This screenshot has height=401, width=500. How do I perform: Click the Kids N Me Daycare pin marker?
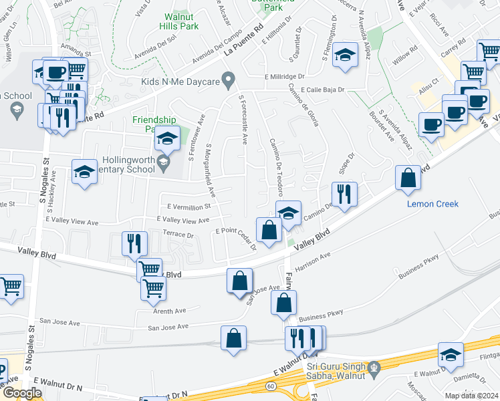click(x=228, y=81)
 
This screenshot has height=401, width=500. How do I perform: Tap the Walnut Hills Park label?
click(x=179, y=21)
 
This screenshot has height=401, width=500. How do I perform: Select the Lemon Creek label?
click(x=433, y=204)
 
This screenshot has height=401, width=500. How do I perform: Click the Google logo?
click(x=21, y=394)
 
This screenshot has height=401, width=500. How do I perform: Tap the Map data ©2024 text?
click(x=472, y=396)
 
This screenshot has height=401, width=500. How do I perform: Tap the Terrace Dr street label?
click(x=178, y=235)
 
